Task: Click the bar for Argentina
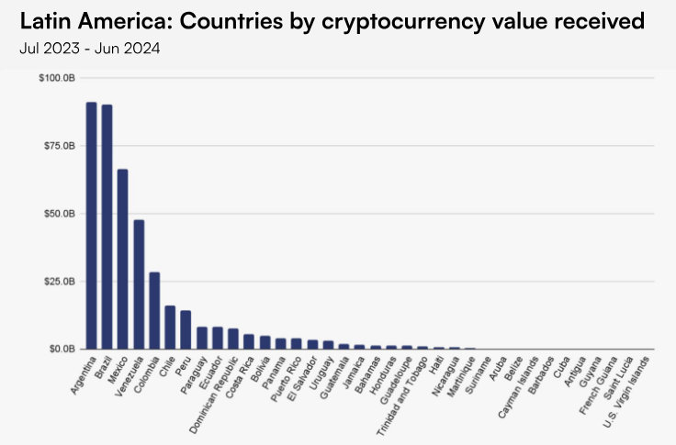pyautogui.click(x=91, y=225)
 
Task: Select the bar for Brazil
pyautogui.click(x=107, y=227)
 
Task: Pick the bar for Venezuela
pyautogui.click(x=139, y=284)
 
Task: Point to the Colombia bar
pyautogui.click(x=154, y=310)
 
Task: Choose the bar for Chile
pyautogui.click(x=170, y=328)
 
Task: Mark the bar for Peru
pyautogui.click(x=186, y=330)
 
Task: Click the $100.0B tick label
pyautogui.click(x=56, y=78)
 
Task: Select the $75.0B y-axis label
pyautogui.click(x=58, y=146)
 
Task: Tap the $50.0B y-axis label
pyautogui.click(x=58, y=214)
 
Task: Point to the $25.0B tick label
pyautogui.click(x=58, y=282)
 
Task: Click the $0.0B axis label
pyautogui.click(x=60, y=350)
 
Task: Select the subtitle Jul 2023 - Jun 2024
pyautogui.click(x=89, y=49)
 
